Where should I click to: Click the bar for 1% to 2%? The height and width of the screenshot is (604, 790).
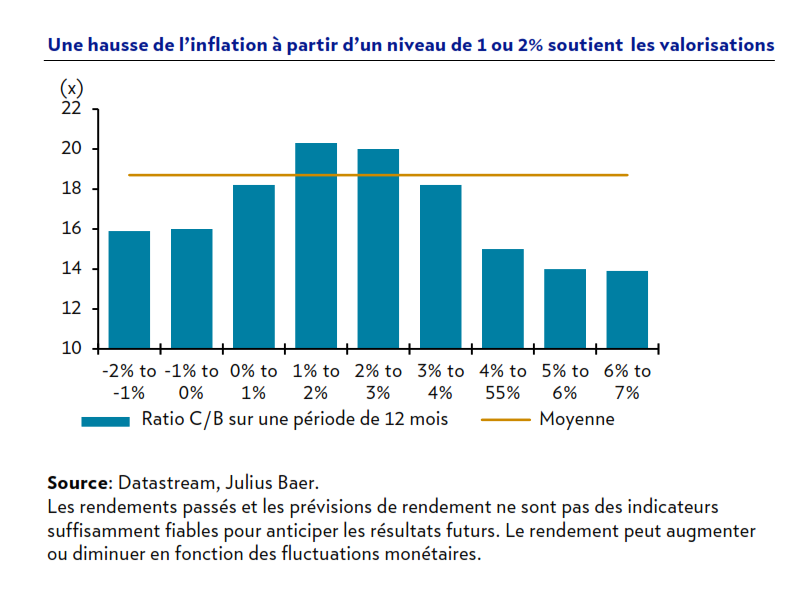316,246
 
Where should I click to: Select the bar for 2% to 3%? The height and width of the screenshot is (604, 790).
378,249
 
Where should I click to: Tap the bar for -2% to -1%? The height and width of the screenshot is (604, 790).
129,290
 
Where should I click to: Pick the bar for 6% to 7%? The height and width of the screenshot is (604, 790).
627,310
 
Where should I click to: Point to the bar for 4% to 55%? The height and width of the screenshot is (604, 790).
503,299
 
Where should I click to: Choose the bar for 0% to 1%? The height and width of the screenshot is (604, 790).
254,267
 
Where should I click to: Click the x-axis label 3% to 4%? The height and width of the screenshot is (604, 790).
440,381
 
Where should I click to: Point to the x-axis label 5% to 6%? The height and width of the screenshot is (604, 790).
565,381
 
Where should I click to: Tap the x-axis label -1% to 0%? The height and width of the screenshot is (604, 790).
192,381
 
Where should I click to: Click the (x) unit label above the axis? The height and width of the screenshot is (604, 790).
71,87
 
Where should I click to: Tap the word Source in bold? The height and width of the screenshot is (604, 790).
76,483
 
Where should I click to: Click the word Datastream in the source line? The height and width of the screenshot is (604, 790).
164,483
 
